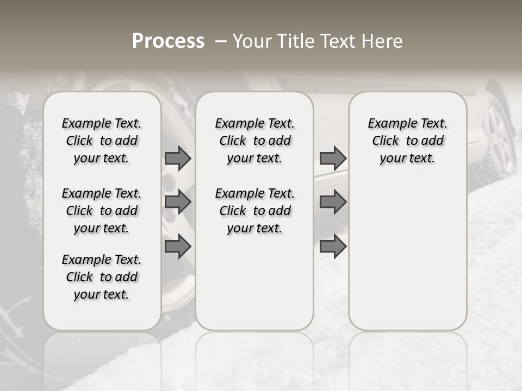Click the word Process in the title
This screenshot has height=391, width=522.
coord(168,41)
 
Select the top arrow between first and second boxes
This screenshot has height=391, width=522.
coord(178,159)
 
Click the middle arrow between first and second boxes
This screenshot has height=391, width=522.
coord(178,202)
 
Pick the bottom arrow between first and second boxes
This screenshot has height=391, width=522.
coord(178,247)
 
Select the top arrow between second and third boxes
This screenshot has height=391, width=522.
coord(333,159)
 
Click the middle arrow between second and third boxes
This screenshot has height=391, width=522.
coord(333,202)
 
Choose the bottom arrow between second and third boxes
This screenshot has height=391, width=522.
coord(333,247)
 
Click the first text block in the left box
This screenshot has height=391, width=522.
coord(102,141)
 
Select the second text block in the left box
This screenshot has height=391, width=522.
coord(102,211)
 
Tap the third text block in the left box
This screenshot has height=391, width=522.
coord(102,277)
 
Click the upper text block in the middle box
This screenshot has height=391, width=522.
coord(254,141)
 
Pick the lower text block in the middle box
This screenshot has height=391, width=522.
coord(254,211)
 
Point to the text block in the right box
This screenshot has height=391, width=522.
coord(408,141)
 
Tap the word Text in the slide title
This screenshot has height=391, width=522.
coord(334,41)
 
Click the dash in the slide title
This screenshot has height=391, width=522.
coord(221,41)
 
